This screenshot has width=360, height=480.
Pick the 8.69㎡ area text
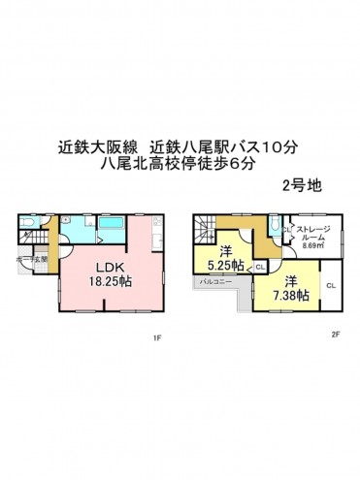(x=312, y=246)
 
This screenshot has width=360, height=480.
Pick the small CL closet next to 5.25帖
(x=260, y=265)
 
